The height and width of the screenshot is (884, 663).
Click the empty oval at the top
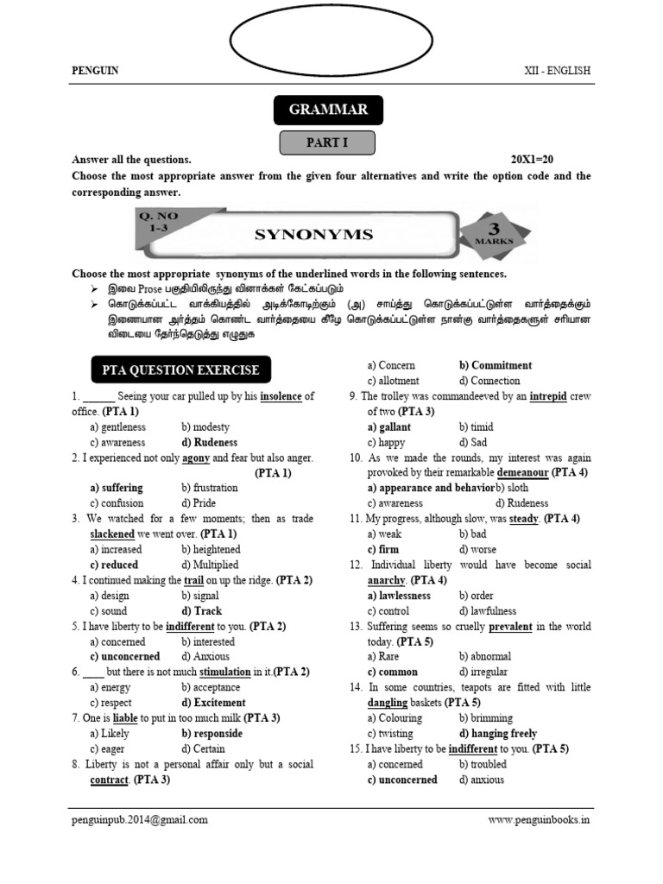click(x=331, y=37)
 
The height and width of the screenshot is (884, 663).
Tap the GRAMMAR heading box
click(x=328, y=110)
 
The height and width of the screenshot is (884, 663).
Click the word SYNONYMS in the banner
click(x=313, y=234)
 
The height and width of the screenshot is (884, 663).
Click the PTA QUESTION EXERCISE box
click(x=180, y=370)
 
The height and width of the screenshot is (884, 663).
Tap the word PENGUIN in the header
click(x=95, y=71)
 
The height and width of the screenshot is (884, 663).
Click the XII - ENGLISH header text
click(x=558, y=71)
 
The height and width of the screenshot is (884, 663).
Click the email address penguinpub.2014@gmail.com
click(x=140, y=820)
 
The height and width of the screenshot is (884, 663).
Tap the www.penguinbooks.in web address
click(x=539, y=820)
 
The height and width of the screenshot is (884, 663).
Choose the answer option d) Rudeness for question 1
click(x=210, y=443)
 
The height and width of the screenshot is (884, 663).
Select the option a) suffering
click(x=117, y=488)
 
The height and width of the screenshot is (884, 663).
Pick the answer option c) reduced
click(x=114, y=565)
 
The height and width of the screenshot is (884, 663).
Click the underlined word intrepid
click(x=549, y=396)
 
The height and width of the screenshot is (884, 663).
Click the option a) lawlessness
click(x=399, y=596)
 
